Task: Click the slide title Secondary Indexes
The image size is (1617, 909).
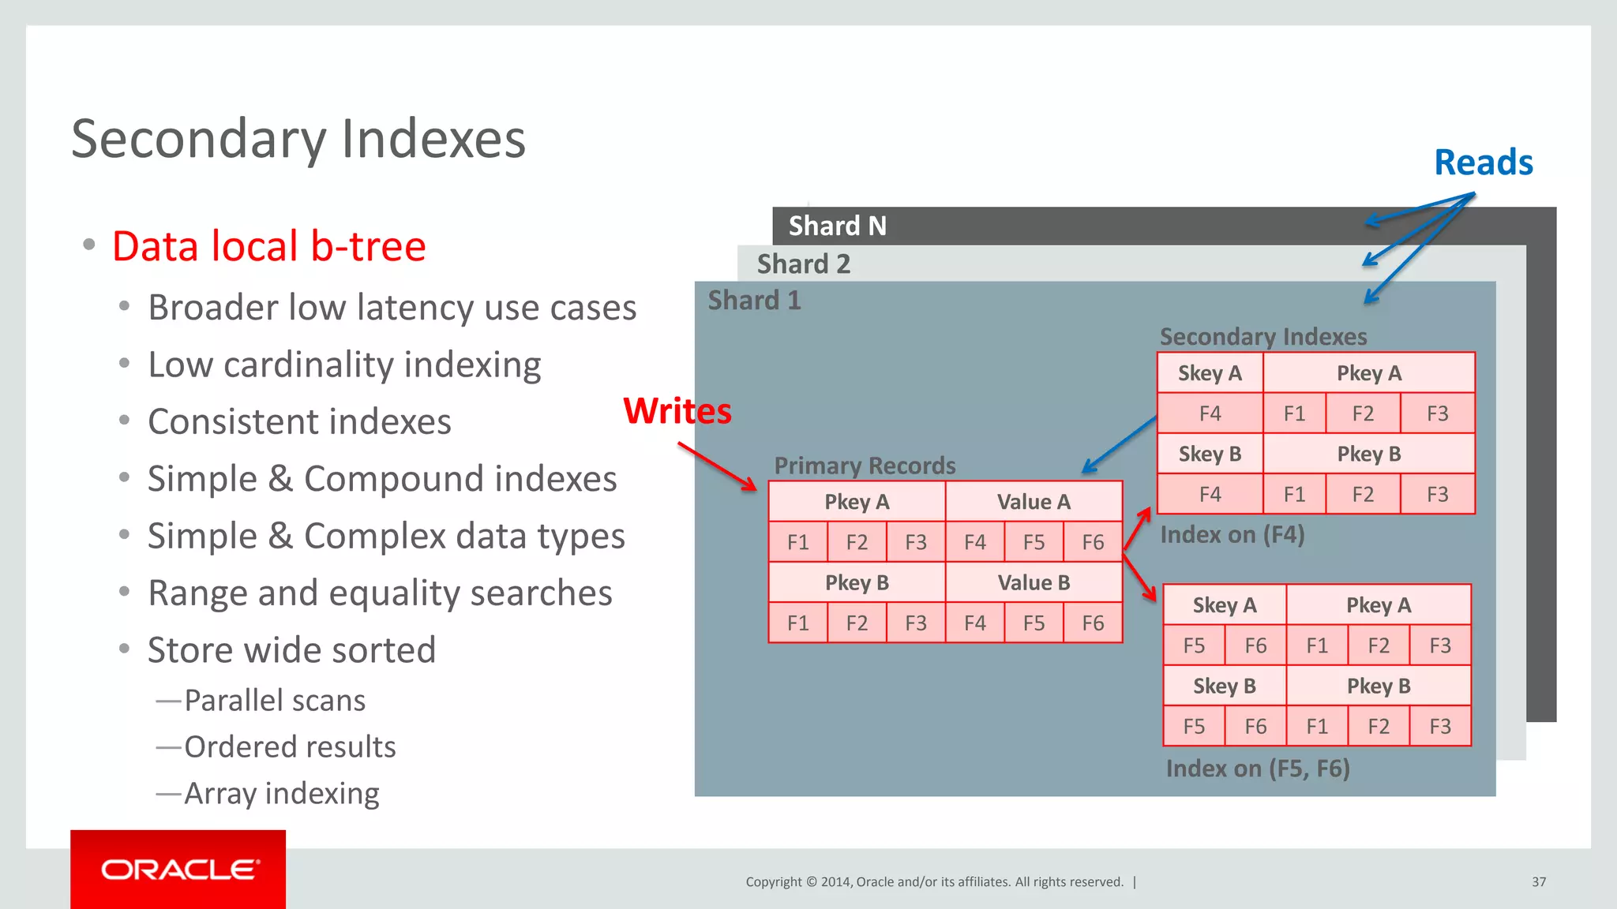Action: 298,139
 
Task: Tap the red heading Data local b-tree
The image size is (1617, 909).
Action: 268,246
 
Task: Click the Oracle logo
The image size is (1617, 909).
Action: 178,870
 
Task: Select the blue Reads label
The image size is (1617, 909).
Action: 1483,163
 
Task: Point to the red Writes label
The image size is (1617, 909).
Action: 677,411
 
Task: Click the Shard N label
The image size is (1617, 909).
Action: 837,226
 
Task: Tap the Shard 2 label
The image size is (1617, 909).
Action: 803,264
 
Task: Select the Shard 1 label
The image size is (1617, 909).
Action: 754,301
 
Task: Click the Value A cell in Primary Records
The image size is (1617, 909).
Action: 1034,502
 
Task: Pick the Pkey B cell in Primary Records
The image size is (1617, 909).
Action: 857,583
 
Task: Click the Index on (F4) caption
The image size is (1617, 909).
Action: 1232,535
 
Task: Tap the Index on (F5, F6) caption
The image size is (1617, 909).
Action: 1257,769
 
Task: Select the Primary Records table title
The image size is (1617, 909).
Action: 865,466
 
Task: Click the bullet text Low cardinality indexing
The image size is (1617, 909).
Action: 344,365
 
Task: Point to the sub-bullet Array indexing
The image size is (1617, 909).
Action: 281,794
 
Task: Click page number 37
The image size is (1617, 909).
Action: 1539,882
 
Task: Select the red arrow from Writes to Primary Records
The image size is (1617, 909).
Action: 717,466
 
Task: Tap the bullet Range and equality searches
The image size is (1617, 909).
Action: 380,593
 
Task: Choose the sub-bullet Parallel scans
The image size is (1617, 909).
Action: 274,701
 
